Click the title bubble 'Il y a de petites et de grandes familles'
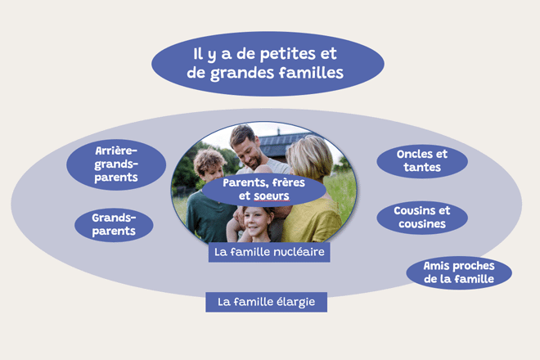[268, 64]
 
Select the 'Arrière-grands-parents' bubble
[116, 164]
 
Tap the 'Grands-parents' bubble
[114, 225]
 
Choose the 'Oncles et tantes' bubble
[422, 161]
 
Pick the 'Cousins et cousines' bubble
[422, 218]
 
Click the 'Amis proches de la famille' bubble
[459, 272]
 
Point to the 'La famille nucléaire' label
[269, 252]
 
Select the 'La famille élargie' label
[266, 302]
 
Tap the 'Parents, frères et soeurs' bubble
[263, 190]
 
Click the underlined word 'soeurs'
[272, 196]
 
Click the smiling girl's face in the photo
[256, 223]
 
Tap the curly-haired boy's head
[209, 164]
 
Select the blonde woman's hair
[310, 158]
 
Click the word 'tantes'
[422, 168]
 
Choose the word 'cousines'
[422, 224]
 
